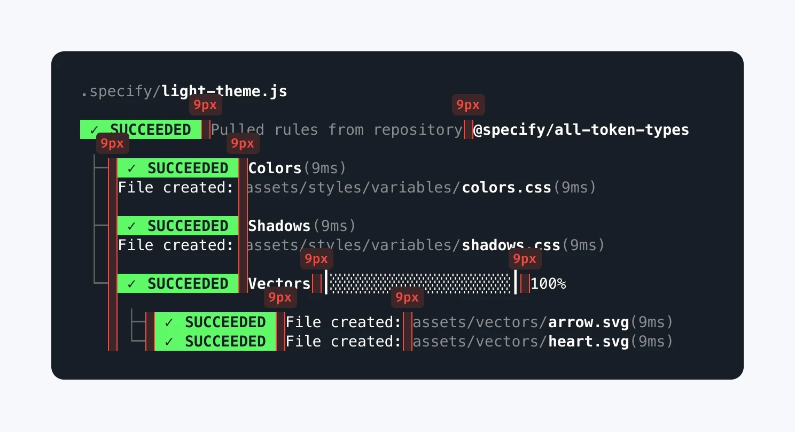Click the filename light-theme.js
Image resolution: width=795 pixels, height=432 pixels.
tap(224, 91)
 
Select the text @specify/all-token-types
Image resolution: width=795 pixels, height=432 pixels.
tap(581, 130)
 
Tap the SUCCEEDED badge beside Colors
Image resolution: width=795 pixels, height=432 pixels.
tap(178, 168)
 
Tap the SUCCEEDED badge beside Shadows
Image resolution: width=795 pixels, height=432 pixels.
tap(178, 226)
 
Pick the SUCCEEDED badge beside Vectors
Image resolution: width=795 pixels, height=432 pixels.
tap(178, 284)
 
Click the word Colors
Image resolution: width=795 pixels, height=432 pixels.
tap(275, 168)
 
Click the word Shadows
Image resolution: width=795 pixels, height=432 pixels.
tap(279, 226)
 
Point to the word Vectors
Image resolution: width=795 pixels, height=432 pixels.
tap(279, 284)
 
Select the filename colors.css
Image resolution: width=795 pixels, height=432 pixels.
tap(506, 188)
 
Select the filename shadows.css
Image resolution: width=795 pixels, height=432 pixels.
tap(511, 245)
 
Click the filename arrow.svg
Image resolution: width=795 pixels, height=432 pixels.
tap(589, 322)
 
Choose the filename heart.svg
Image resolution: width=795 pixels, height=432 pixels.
tap(589, 342)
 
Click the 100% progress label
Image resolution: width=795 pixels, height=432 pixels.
tap(548, 284)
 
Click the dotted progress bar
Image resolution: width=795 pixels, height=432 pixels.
tap(420, 283)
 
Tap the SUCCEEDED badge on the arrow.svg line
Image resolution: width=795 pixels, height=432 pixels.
tap(215, 322)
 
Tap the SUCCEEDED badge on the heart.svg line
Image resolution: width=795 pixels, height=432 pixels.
tap(215, 342)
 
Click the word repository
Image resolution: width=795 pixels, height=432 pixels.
tap(418, 130)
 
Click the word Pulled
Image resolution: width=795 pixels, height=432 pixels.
tap(238, 130)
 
